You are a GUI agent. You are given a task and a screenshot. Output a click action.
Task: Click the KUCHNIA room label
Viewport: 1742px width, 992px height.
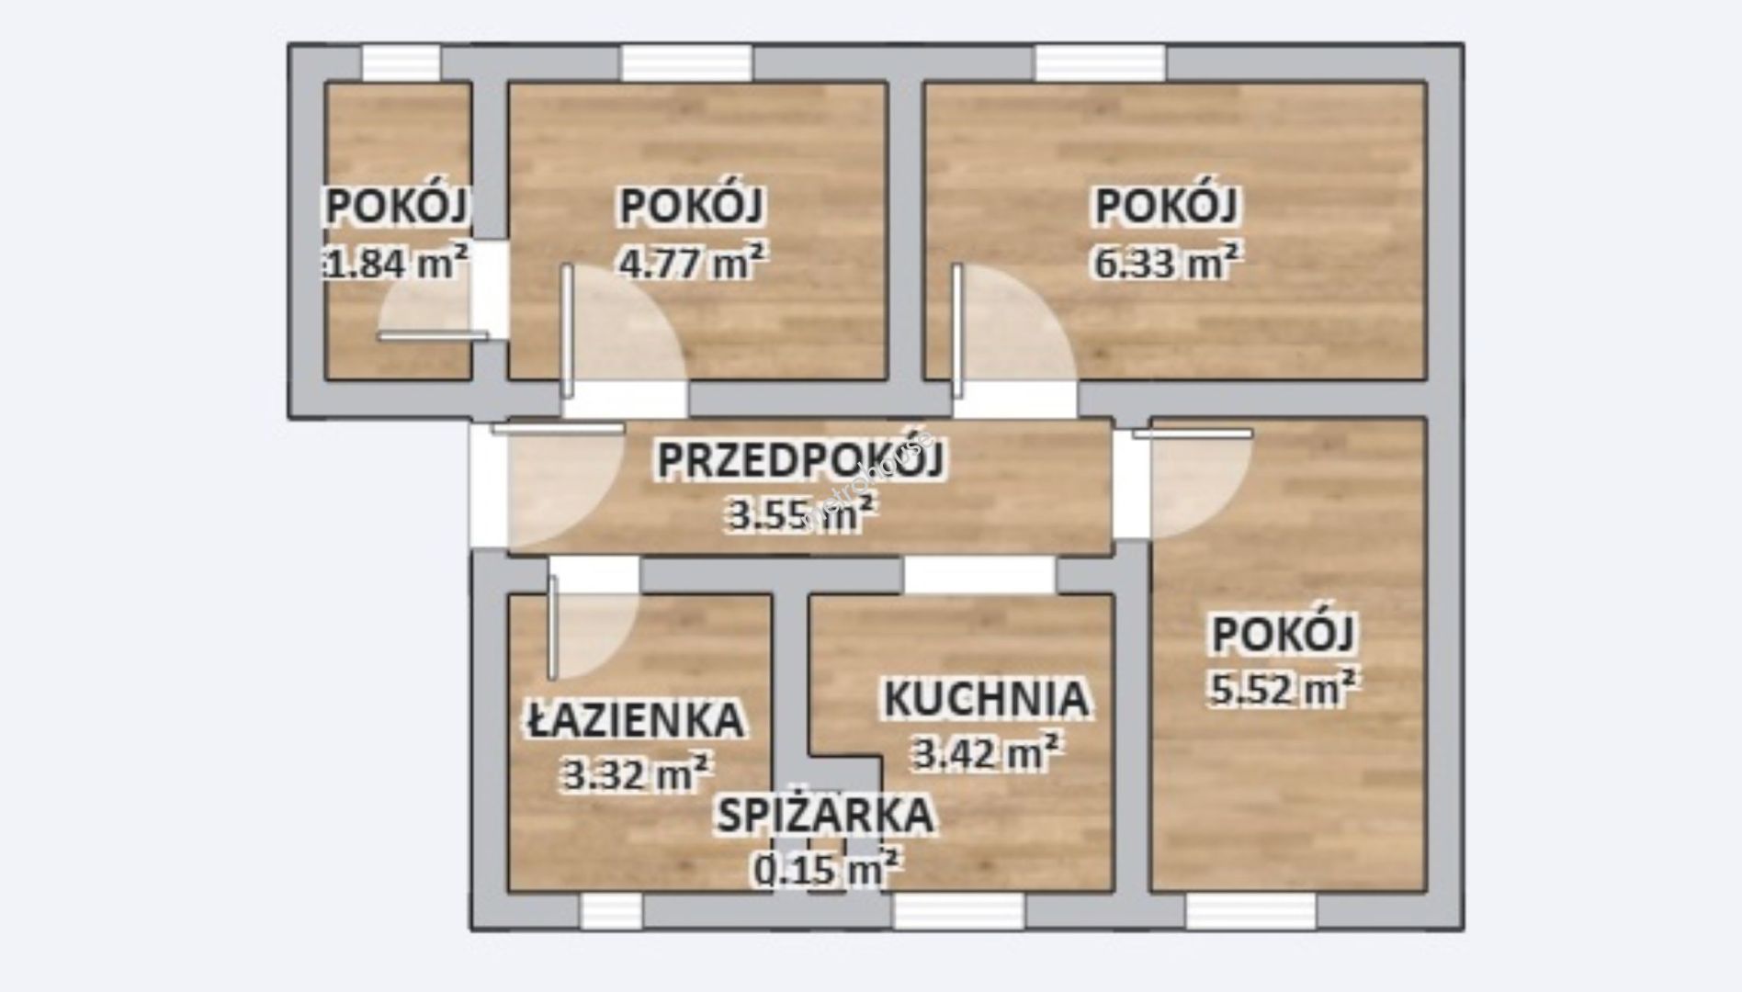[986, 698]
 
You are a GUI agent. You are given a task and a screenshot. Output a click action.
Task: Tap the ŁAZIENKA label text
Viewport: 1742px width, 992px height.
[635, 719]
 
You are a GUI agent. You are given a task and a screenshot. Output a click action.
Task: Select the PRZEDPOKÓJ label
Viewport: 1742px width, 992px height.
[800, 459]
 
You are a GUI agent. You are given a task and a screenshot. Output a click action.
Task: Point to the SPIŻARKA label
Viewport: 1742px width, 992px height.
[825, 815]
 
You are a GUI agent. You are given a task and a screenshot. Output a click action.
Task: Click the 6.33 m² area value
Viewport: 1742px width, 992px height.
[1167, 262]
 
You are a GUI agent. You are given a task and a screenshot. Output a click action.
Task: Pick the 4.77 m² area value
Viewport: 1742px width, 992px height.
[692, 262]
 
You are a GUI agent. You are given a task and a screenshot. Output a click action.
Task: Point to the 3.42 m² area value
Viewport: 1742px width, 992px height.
[986, 753]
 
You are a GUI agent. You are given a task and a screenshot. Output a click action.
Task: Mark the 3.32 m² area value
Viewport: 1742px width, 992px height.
[635, 774]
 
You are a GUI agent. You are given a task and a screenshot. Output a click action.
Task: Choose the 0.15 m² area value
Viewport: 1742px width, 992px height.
[825, 869]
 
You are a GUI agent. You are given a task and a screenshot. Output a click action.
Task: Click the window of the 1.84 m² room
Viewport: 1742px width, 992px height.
[401, 63]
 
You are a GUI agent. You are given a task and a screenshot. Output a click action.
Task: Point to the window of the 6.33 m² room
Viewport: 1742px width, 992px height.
[1101, 63]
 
